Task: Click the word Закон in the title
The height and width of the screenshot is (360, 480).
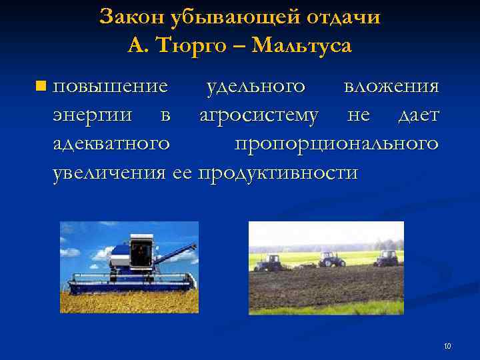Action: click(x=130, y=17)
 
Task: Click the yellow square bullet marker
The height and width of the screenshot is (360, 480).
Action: click(x=42, y=86)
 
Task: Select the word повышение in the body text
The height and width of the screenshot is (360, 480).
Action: click(x=110, y=87)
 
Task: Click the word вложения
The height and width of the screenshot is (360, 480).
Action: click(x=391, y=87)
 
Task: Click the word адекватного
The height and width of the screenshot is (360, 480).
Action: click(x=111, y=144)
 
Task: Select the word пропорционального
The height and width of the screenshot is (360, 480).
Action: click(x=337, y=144)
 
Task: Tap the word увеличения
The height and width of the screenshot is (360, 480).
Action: click(x=109, y=173)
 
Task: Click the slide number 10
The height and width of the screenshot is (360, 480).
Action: click(x=447, y=346)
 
